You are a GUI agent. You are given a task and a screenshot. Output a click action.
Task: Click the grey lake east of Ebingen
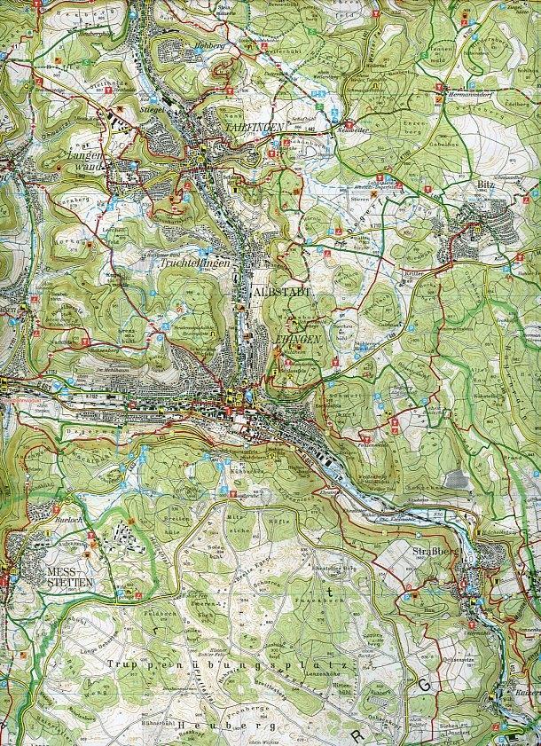click(457, 480)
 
